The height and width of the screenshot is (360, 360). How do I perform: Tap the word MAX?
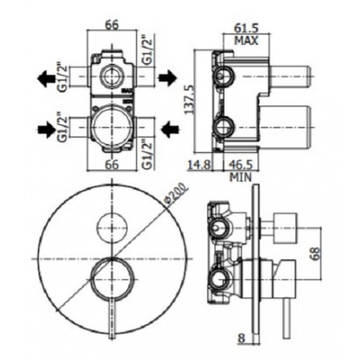[x=246, y=41]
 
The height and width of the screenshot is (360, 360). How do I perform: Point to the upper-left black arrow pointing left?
[x=46, y=78]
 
